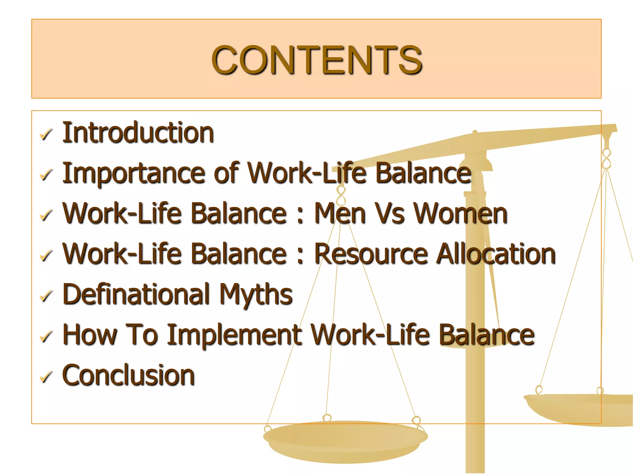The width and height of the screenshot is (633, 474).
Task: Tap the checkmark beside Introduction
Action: pyautogui.click(x=46, y=135)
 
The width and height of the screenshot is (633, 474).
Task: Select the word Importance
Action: pyautogui.click(x=134, y=173)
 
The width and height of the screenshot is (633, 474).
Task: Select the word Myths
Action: pyautogui.click(x=256, y=295)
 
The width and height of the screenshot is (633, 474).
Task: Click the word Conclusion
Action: pyautogui.click(x=129, y=375)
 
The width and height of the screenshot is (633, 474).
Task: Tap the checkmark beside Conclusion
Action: pyautogui.click(x=46, y=377)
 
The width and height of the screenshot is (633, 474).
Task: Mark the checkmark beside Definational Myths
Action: pyautogui.click(x=46, y=296)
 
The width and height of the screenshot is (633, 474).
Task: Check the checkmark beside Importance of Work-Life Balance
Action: pyautogui.click(x=46, y=175)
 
